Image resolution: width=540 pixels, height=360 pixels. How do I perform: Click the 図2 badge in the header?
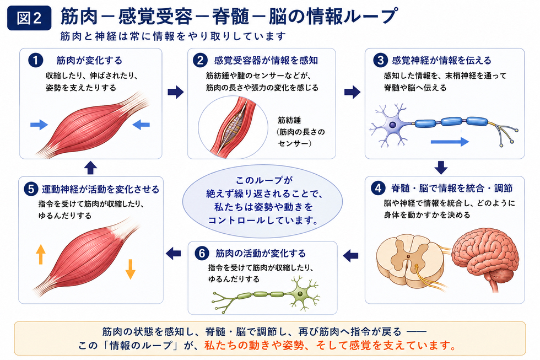[x=29, y=18]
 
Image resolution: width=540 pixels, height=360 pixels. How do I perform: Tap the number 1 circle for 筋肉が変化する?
[x=35, y=60]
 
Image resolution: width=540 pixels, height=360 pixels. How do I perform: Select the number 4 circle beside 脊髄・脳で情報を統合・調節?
[x=378, y=188]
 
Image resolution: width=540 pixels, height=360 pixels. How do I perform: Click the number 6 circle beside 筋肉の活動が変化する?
[x=202, y=253]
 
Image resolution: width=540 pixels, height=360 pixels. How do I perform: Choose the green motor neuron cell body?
[x=301, y=294]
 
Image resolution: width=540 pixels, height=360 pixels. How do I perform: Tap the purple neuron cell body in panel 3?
[x=392, y=125]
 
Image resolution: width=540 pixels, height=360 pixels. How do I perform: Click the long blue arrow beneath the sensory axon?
[x=450, y=141]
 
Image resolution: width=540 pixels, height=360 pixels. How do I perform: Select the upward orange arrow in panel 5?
[x=41, y=254]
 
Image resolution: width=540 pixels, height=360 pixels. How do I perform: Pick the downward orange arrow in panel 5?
[x=130, y=269]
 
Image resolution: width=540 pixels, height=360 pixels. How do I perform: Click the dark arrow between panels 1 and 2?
[x=176, y=92]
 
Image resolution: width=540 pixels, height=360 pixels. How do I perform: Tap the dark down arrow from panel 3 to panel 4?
[x=441, y=168]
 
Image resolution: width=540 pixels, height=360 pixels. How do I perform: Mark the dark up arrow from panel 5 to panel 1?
[x=90, y=168]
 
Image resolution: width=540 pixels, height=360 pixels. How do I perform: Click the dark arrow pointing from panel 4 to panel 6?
[x=350, y=255]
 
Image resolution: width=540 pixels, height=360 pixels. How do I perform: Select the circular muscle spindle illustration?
[x=233, y=127]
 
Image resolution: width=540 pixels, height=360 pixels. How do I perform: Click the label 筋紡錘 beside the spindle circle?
[x=289, y=120]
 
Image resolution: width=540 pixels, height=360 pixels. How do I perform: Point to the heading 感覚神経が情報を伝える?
[x=441, y=60]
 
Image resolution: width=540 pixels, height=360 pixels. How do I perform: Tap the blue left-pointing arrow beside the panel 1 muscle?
[x=141, y=125]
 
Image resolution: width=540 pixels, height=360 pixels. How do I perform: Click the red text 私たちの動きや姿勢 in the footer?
[x=254, y=345]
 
